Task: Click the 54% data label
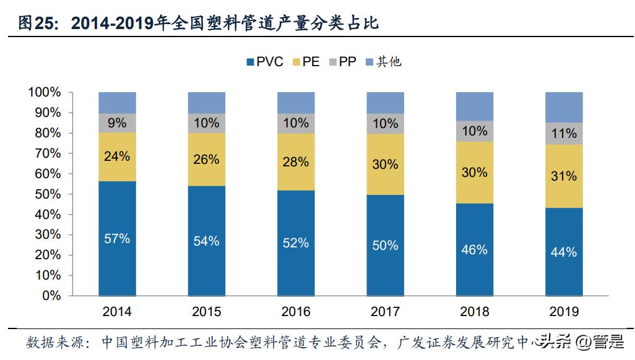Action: click(206, 241)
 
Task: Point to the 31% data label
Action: click(564, 176)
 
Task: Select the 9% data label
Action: click(117, 123)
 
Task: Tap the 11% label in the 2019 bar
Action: click(564, 133)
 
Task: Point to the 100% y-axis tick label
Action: click(44, 93)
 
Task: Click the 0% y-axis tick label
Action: click(51, 296)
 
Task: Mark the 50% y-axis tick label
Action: click(48, 194)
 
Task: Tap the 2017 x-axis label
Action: click(385, 312)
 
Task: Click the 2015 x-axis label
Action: click(206, 312)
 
